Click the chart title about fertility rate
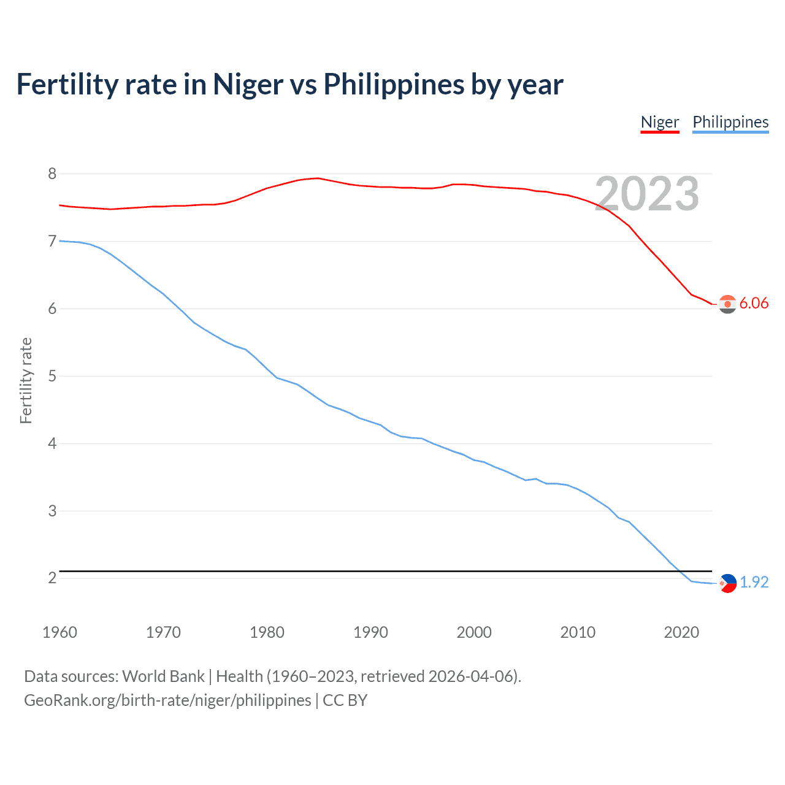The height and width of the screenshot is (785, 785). pyautogui.click(x=289, y=85)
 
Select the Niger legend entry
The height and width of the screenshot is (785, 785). pyautogui.click(x=660, y=122)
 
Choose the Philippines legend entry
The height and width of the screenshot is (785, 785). pyautogui.click(x=730, y=122)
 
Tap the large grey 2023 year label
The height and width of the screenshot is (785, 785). pyautogui.click(x=647, y=194)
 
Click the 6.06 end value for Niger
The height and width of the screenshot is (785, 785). pyautogui.click(x=754, y=303)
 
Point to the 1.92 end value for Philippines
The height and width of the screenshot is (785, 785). pyautogui.click(x=754, y=582)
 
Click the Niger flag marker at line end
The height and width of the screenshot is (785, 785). pyautogui.click(x=727, y=304)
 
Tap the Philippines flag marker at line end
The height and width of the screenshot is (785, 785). pyautogui.click(x=727, y=583)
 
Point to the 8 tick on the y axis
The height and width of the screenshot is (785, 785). pyautogui.click(x=52, y=174)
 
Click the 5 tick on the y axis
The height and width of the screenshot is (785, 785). pyautogui.click(x=52, y=376)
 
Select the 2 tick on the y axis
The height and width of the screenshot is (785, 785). pyautogui.click(x=52, y=578)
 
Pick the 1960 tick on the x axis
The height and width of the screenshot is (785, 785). pyautogui.click(x=59, y=632)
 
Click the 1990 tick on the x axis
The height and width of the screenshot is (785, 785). pyautogui.click(x=370, y=632)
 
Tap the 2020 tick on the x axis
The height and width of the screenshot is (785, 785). pyautogui.click(x=681, y=632)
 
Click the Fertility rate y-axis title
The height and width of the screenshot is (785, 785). pyautogui.click(x=26, y=380)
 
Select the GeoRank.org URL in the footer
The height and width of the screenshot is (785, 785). pyautogui.click(x=167, y=700)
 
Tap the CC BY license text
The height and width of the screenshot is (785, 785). pyautogui.click(x=345, y=700)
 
